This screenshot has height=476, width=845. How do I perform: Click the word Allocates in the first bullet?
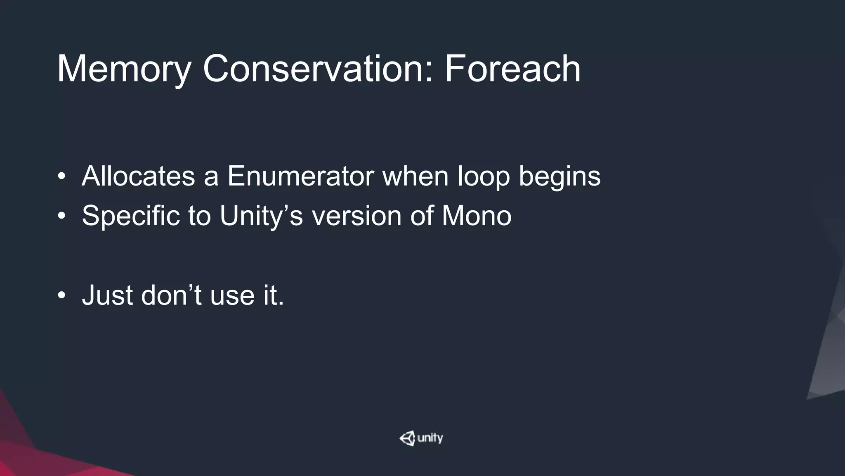(x=138, y=176)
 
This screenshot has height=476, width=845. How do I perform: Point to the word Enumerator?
(x=300, y=176)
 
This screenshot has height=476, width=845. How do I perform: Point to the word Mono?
(x=477, y=216)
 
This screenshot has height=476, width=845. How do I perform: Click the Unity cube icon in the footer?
(x=407, y=438)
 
